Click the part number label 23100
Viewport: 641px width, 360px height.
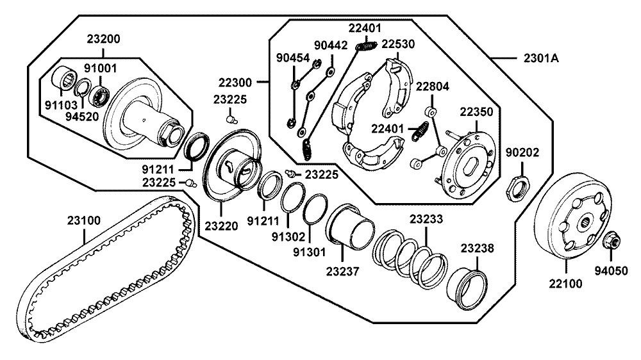click(84, 220)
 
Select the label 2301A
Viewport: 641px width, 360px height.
click(541, 58)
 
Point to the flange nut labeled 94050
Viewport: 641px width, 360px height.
click(611, 240)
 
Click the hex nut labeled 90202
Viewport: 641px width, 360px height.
click(517, 187)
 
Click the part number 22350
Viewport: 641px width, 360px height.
click(476, 112)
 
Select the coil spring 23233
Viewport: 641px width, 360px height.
click(410, 259)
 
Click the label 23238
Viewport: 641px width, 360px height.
click(477, 249)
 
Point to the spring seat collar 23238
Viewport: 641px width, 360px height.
click(467, 288)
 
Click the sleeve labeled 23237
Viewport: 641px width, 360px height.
click(351, 227)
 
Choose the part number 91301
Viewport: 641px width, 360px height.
click(309, 252)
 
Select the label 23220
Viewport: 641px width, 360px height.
click(221, 226)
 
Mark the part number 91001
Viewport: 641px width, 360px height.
click(101, 68)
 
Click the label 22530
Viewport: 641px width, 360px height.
click(398, 44)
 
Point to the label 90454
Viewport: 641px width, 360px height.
click(293, 58)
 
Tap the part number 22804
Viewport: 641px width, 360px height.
click(433, 86)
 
